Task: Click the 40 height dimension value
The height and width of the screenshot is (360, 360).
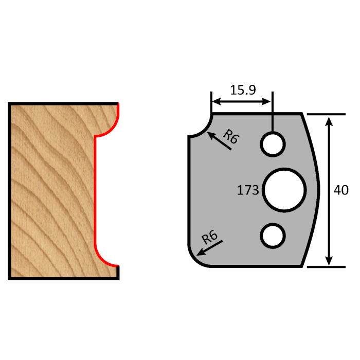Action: tap(341, 190)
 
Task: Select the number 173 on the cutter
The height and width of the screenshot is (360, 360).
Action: tap(248, 190)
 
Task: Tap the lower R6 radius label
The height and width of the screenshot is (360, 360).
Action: tap(209, 238)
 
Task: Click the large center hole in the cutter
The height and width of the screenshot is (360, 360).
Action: tap(283, 189)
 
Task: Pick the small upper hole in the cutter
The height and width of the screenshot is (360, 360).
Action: tap(273, 143)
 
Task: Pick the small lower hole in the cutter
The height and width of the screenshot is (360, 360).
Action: tap(273, 235)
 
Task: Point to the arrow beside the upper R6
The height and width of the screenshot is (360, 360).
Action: tap(219, 140)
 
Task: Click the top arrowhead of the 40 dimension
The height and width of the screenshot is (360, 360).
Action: tap(329, 120)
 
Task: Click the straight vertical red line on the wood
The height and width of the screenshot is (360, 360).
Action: tap(95, 190)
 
